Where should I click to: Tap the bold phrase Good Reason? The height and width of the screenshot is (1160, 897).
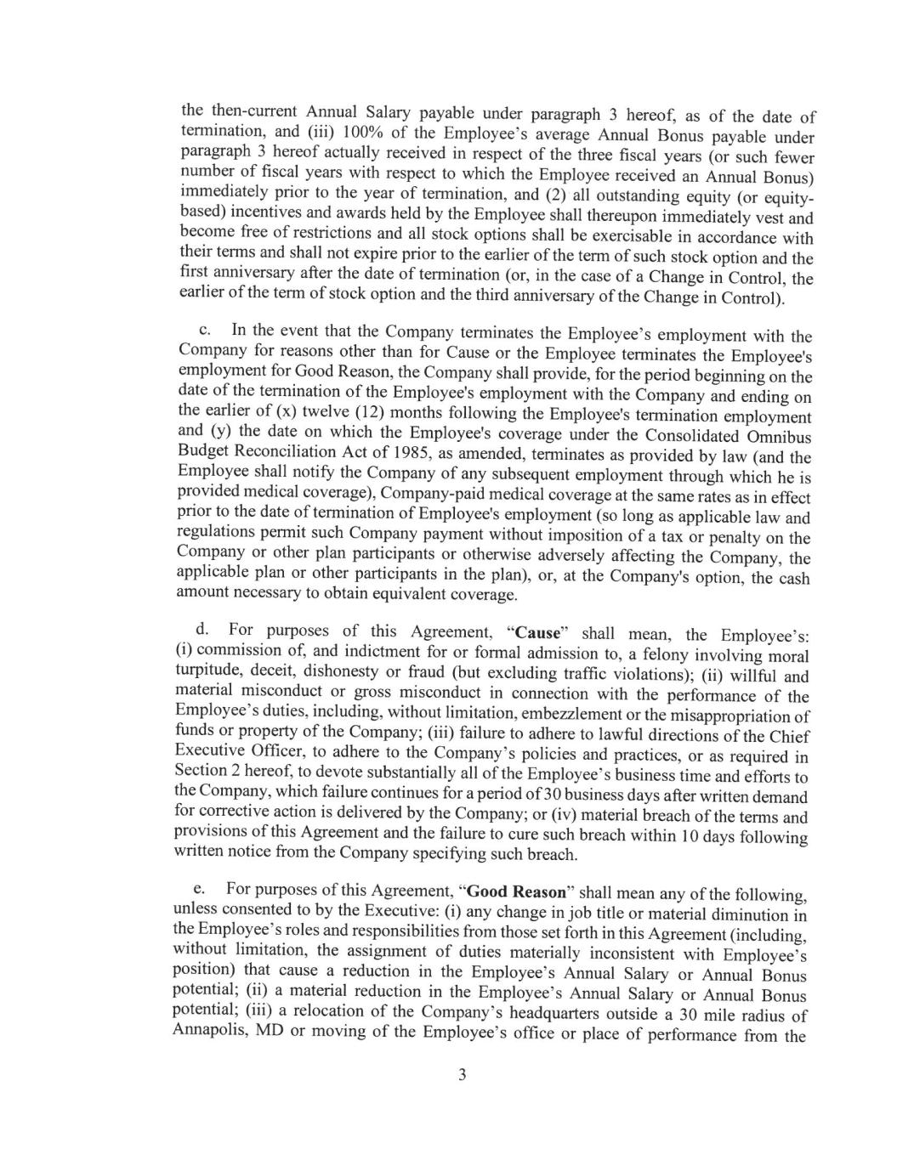[x=517, y=892]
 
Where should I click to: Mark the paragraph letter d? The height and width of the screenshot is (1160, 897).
[x=202, y=630]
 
